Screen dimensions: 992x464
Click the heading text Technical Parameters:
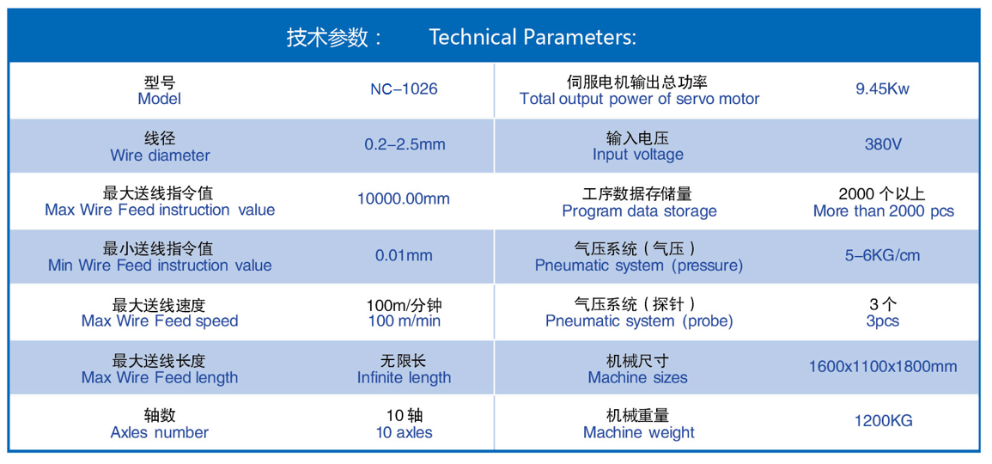coord(533,37)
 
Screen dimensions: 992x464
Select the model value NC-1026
coord(404,89)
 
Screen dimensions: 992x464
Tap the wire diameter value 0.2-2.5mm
coord(405,144)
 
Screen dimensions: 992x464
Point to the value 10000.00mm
coord(404,198)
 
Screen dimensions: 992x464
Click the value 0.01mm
coord(404,256)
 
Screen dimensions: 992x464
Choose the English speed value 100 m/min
coord(405,321)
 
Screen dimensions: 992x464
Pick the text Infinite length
coord(405,378)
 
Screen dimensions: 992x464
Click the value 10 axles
coord(405,433)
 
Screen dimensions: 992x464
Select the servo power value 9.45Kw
coord(883,89)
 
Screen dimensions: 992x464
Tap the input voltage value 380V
coord(883,144)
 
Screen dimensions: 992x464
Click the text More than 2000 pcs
coord(883,211)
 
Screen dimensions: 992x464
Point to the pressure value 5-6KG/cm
coord(883,256)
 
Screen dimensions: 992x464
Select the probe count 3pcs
coord(883,321)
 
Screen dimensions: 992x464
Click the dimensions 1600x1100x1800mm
coord(883,367)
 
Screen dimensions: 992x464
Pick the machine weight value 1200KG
coord(883,421)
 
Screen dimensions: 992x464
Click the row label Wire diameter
coord(160,155)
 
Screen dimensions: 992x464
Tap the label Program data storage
coord(639,211)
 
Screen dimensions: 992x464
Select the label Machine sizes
coord(637,378)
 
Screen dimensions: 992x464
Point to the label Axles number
coord(160,433)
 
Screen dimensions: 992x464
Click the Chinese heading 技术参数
coord(327,37)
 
